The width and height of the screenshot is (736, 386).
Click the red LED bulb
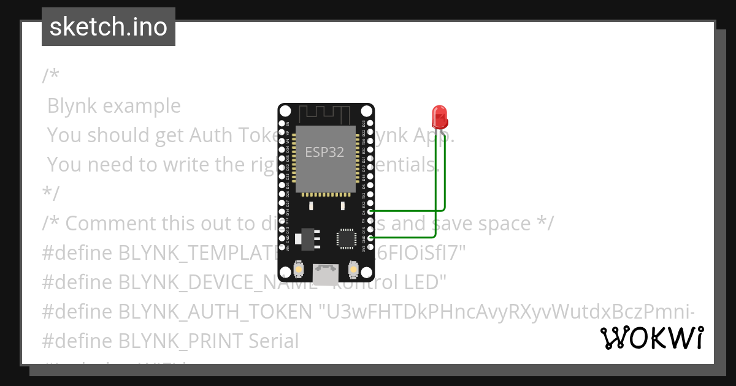click(439, 115)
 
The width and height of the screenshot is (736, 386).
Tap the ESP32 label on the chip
click(325, 152)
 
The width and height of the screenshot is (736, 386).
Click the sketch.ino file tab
click(109, 27)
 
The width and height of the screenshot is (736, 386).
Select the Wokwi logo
click(651, 338)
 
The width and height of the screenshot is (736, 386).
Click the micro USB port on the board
click(326, 271)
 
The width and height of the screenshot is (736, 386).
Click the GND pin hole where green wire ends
click(370, 237)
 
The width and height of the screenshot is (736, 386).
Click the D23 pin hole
click(370, 123)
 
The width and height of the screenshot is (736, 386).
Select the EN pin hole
click(282, 123)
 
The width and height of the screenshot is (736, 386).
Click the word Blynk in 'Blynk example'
click(72, 106)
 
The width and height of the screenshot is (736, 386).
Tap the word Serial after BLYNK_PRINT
click(274, 341)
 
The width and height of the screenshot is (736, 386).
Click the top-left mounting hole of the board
click(285, 111)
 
